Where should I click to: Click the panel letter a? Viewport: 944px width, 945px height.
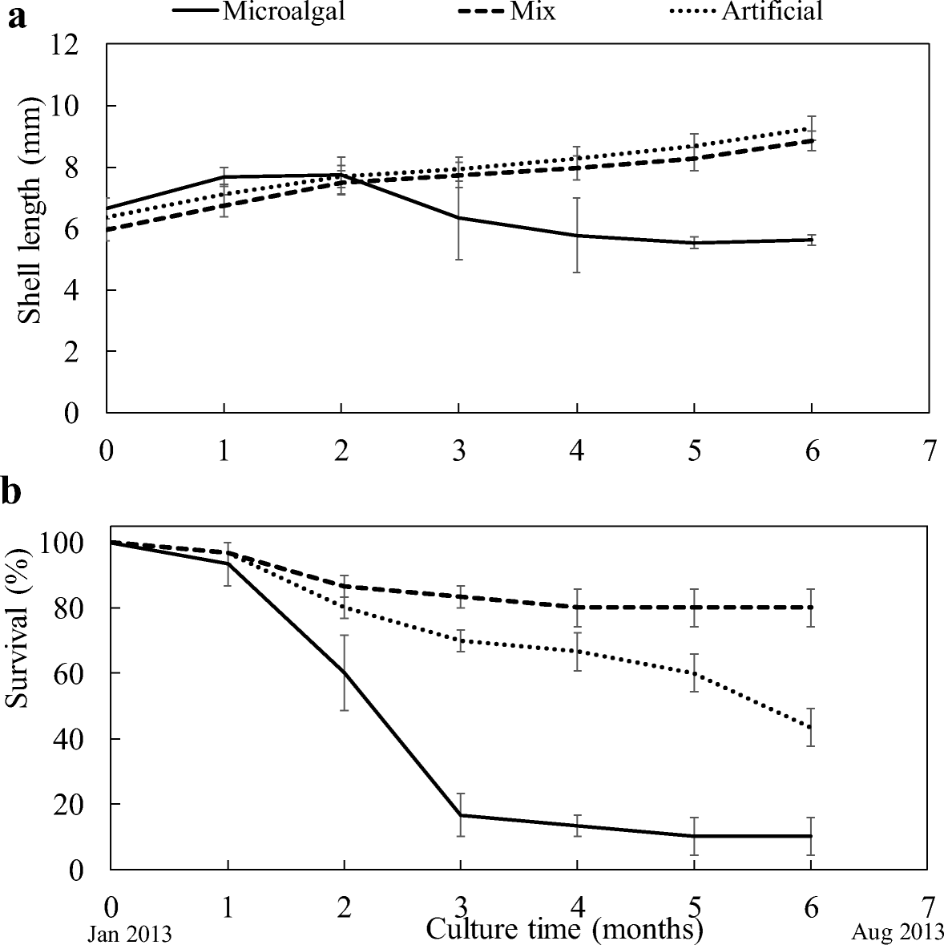[17, 18]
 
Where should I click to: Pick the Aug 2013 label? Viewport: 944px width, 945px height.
[897, 933]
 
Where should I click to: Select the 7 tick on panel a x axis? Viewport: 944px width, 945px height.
[929, 451]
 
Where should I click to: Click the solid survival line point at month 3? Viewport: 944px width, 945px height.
[460, 815]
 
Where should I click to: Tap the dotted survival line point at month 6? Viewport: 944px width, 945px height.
[812, 728]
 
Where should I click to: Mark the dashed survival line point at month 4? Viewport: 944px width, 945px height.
[577, 607]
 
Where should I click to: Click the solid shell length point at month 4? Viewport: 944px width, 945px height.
[577, 235]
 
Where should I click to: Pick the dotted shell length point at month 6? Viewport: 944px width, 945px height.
[812, 128]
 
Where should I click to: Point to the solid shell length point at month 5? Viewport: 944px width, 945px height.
[694, 243]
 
